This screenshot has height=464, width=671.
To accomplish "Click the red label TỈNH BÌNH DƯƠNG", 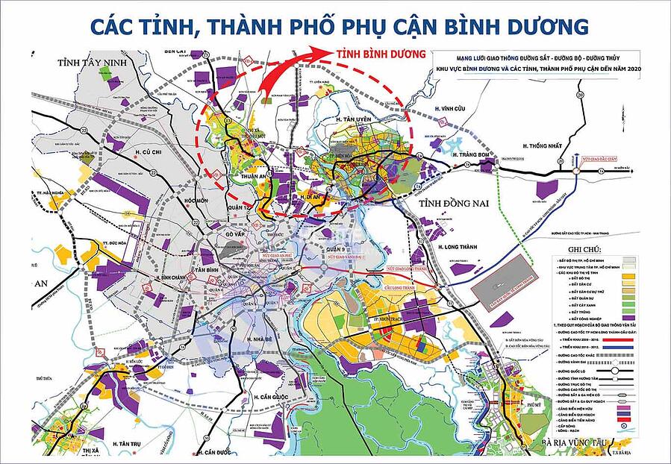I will click(380, 54).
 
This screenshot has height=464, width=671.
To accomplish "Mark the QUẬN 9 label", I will click(338, 251).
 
